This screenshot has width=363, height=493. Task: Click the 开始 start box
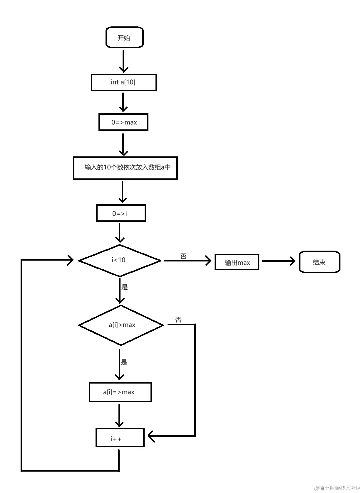point(124,38)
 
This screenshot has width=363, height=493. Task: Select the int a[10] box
point(123,82)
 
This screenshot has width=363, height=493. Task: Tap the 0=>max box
point(123,122)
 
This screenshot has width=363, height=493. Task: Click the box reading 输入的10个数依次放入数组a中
point(125,168)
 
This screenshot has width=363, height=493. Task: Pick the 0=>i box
point(121,213)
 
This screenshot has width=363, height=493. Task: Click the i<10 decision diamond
point(120,260)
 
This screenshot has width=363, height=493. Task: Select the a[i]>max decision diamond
point(121,325)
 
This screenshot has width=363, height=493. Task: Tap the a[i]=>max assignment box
point(120,392)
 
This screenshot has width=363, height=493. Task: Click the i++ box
point(120,438)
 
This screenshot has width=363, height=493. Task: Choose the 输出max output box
point(237,262)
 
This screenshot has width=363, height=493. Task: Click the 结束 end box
point(319,262)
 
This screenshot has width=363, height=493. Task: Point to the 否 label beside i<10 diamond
point(183,256)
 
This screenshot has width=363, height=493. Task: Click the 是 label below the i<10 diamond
point(125,287)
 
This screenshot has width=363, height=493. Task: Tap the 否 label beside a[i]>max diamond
point(178,320)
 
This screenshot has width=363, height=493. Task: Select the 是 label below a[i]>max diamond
point(124,362)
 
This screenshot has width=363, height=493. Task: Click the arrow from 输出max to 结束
point(278,261)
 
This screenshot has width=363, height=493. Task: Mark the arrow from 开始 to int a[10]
point(123,61)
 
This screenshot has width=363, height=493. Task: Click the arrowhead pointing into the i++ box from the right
point(151,436)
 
